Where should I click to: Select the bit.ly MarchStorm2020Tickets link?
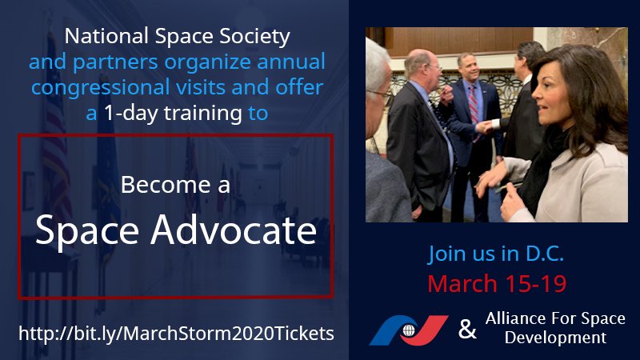coord(174,331)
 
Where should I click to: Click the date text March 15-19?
coord(496,283)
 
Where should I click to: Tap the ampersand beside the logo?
coord(465,328)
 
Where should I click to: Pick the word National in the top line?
coord(101,37)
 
